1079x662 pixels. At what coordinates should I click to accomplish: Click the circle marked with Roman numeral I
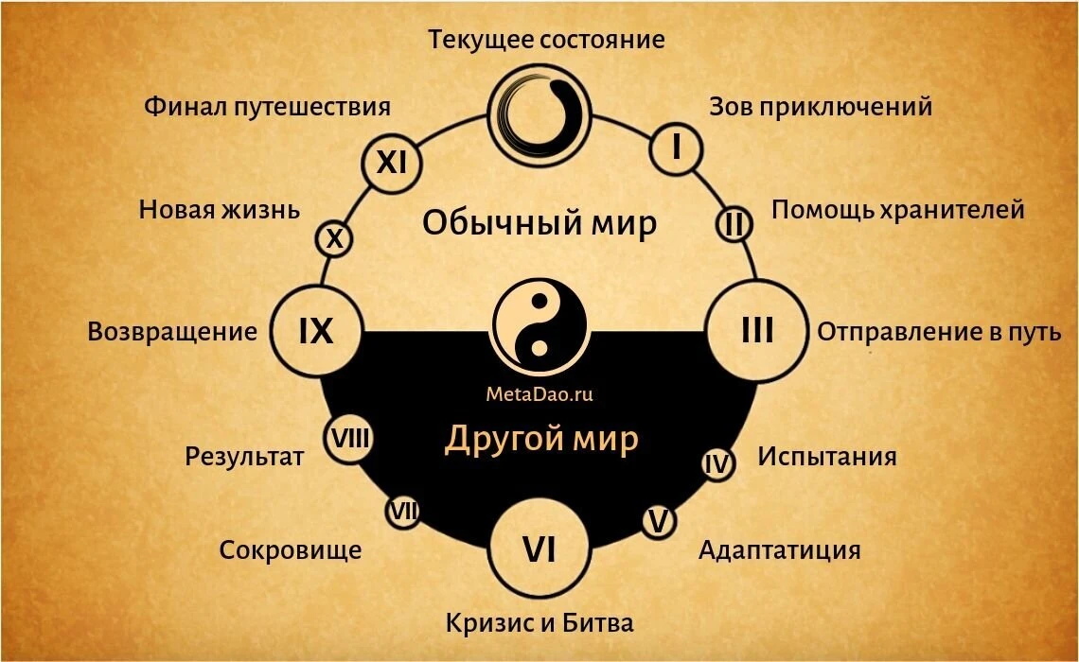click(x=677, y=148)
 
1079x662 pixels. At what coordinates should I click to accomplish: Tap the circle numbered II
click(x=734, y=223)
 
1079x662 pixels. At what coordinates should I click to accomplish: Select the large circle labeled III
click(x=757, y=331)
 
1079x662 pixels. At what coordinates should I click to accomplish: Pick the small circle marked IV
click(x=717, y=464)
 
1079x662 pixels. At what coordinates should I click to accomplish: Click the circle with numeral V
click(x=659, y=521)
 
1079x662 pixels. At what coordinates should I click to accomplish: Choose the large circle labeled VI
click(x=539, y=549)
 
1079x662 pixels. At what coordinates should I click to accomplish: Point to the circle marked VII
click(x=402, y=512)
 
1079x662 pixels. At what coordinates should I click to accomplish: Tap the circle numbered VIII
click(x=350, y=439)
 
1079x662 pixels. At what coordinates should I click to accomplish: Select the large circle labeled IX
click(x=316, y=331)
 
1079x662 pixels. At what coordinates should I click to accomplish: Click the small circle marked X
click(x=334, y=238)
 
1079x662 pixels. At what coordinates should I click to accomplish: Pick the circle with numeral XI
click(x=392, y=163)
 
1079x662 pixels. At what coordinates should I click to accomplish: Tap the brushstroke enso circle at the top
click(x=539, y=114)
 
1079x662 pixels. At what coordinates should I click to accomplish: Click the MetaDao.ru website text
click(x=539, y=394)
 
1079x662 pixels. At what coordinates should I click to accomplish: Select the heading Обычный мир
click(x=539, y=223)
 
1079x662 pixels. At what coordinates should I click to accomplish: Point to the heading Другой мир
click(x=541, y=439)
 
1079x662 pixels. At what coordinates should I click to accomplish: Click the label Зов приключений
click(x=821, y=107)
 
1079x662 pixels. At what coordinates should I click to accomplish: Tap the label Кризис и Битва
click(x=539, y=623)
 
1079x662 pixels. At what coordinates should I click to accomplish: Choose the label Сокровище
click(x=291, y=550)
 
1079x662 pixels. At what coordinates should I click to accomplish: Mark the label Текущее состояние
click(x=546, y=39)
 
